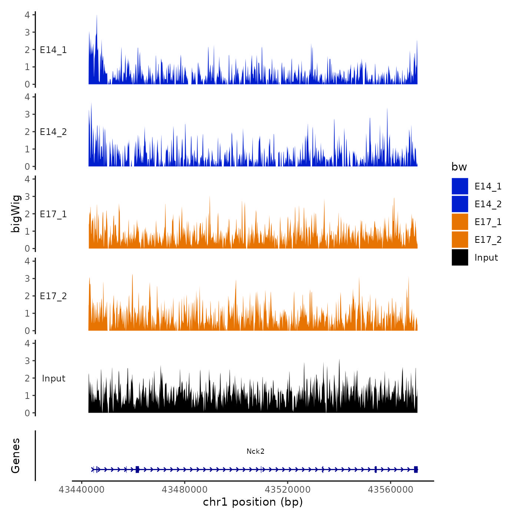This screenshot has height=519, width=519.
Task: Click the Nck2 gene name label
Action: [255, 451]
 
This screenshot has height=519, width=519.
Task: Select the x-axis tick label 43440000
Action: [82, 489]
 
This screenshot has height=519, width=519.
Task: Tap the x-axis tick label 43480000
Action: [185, 489]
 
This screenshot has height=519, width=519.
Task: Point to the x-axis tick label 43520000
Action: [288, 489]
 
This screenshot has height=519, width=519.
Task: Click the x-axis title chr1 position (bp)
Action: [253, 502]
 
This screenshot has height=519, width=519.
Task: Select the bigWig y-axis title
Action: [16, 214]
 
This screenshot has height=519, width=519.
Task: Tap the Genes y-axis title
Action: [16, 456]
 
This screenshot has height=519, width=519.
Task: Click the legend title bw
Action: [459, 167]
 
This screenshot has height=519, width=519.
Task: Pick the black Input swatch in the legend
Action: [460, 257]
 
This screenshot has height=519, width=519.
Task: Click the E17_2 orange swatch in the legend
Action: [460, 239]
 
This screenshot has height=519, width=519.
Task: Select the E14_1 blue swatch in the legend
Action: [460, 186]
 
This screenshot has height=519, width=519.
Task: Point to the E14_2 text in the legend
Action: [488, 204]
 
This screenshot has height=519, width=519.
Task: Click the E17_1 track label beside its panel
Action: [53, 214]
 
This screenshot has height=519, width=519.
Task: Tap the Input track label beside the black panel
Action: [53, 378]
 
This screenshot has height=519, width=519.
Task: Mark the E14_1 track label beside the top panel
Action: [53, 50]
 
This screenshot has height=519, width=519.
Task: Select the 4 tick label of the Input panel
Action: [27, 343]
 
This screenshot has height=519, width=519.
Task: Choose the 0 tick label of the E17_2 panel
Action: [27, 331]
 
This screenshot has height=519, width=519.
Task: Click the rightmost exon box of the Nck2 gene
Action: [416, 469]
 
